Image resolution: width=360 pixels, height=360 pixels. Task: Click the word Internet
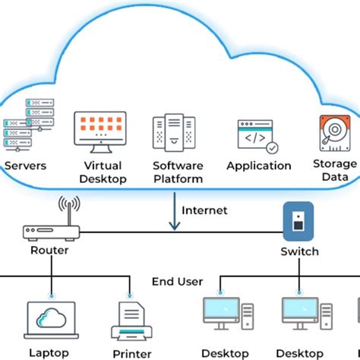coord(205,210)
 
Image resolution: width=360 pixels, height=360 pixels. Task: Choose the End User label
coord(177,282)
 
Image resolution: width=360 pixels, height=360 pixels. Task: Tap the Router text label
coord(49,251)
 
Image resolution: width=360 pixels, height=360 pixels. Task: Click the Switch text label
coord(298,251)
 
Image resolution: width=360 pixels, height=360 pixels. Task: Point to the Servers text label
coord(25,165)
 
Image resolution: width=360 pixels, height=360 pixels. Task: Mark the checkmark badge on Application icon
coord(271,149)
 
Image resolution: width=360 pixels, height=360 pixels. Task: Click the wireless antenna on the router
coord(70,207)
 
